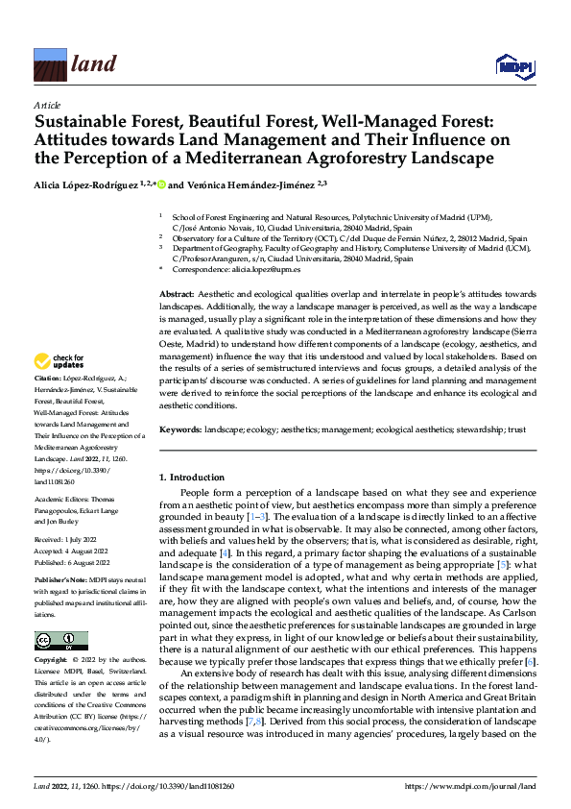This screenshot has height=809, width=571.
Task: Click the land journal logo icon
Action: click(x=50, y=64)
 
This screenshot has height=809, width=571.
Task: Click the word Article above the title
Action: click(x=46, y=104)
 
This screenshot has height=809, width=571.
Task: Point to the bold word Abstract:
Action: click(x=176, y=292)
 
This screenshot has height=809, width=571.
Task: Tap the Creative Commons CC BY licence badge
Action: click(x=60, y=641)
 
